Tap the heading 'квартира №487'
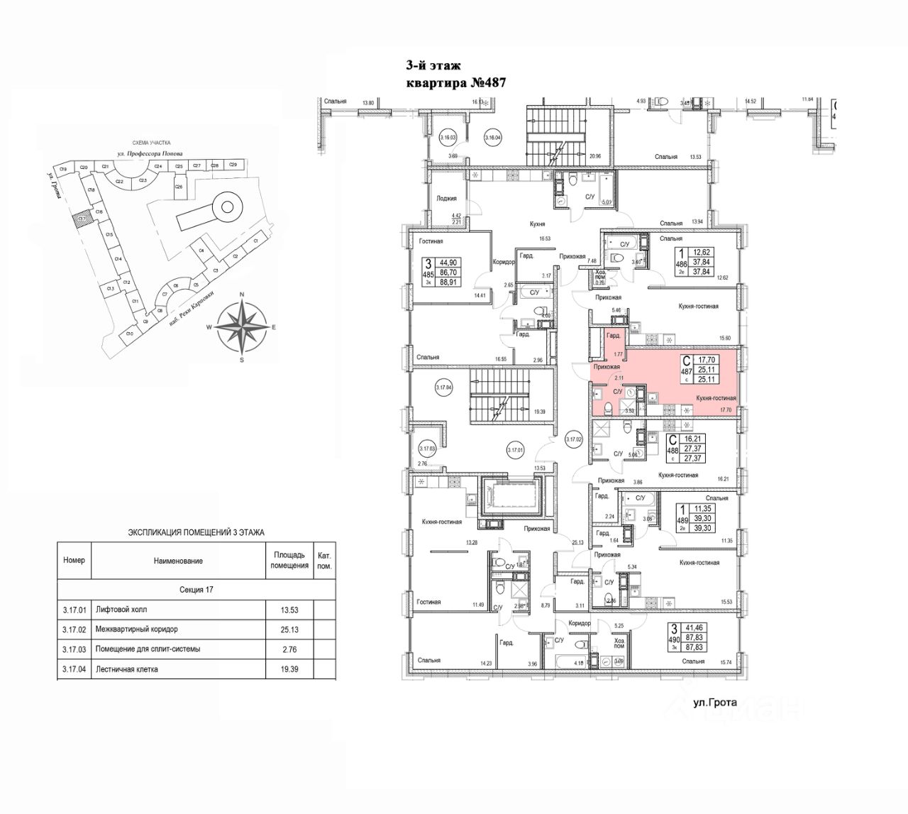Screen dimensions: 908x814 click(x=455, y=83)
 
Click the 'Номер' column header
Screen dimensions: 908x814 click(x=74, y=560)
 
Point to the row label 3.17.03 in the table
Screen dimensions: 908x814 click(x=74, y=649)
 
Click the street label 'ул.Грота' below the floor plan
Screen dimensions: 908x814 click(x=715, y=703)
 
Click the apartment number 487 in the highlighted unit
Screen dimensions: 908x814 click(x=686, y=370)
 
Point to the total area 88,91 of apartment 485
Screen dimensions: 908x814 click(x=469, y=281)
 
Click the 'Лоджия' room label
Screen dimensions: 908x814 click(x=446, y=199)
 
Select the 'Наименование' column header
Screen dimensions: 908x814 click(x=178, y=561)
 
